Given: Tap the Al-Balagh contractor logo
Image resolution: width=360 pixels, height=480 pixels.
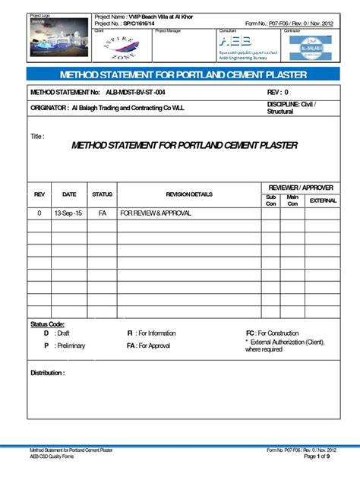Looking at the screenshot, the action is click(x=316, y=47).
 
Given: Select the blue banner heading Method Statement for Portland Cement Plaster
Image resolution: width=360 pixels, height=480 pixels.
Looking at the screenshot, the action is click(x=180, y=74).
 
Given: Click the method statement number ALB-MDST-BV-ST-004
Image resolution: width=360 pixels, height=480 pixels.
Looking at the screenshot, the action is click(x=162, y=92).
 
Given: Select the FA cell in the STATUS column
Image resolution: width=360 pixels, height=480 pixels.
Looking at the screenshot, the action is click(x=102, y=213).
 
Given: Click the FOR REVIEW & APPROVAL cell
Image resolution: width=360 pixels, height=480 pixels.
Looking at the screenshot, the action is click(x=156, y=213).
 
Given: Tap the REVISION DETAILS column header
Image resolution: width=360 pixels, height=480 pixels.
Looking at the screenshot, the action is click(x=189, y=194).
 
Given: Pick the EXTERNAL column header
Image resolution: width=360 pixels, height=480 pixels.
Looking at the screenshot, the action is click(x=323, y=201).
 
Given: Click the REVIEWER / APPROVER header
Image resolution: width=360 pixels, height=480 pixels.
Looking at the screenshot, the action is click(x=301, y=187).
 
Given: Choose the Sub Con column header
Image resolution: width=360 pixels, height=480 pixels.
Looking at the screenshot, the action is click(x=271, y=201).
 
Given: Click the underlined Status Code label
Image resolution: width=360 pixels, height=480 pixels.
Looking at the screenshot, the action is click(x=47, y=324).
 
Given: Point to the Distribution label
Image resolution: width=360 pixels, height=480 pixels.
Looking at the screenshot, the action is click(x=47, y=373).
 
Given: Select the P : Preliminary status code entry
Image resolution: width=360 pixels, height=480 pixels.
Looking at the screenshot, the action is click(x=65, y=346).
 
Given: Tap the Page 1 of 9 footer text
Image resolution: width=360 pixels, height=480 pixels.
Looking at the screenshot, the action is click(x=317, y=456).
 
